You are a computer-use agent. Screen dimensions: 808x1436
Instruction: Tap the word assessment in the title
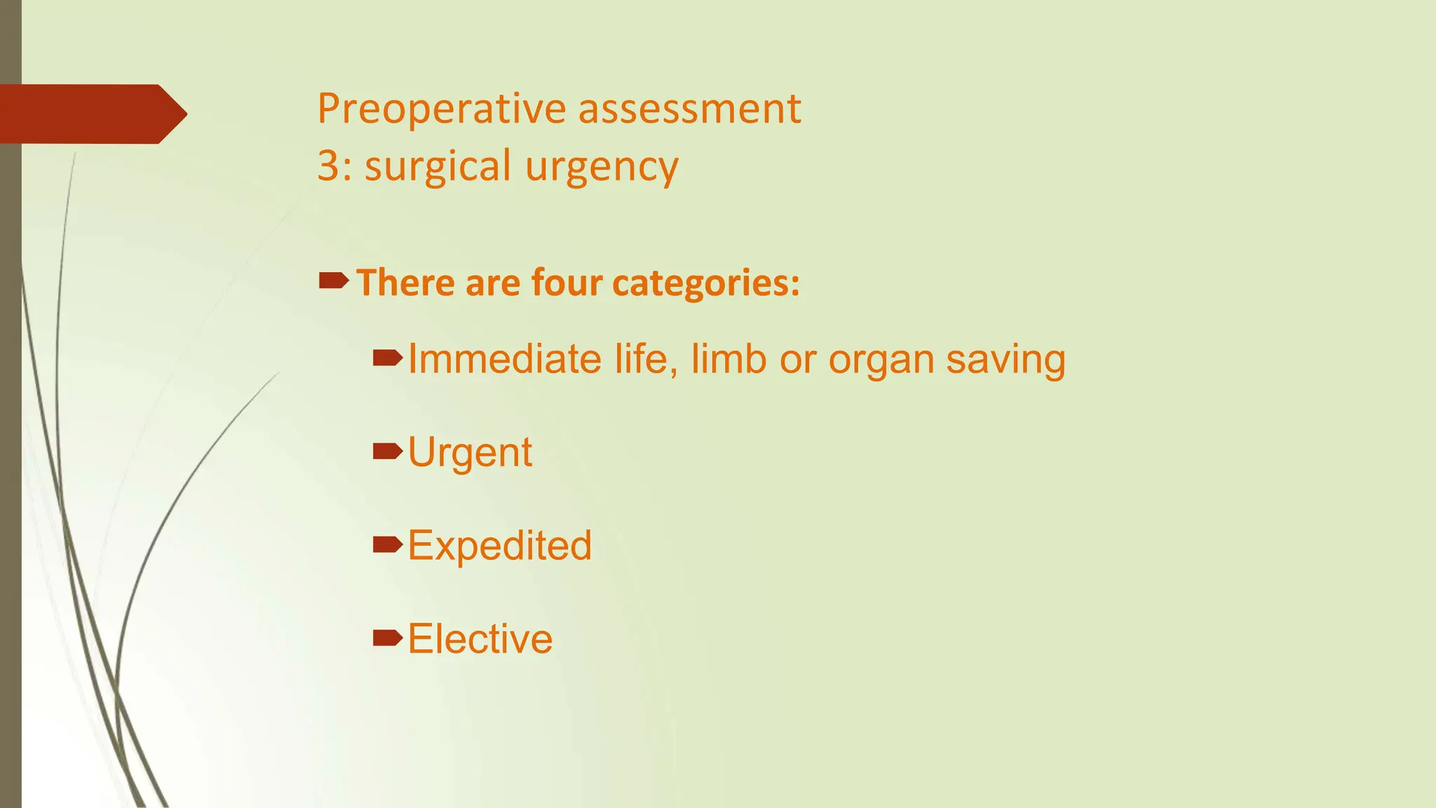pyautogui.click(x=689, y=109)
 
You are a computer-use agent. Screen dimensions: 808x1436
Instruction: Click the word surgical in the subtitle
pyautogui.click(x=438, y=167)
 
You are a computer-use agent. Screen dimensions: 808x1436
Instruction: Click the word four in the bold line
pyautogui.click(x=567, y=283)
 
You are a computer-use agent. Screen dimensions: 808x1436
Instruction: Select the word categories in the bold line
pyautogui.click(x=705, y=283)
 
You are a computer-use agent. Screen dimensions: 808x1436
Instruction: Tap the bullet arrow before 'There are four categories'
pyautogui.click(x=333, y=281)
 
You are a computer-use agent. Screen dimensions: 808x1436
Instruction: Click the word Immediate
pyautogui.click(x=505, y=359)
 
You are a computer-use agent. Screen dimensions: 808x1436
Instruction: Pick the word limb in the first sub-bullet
pyautogui.click(x=729, y=359)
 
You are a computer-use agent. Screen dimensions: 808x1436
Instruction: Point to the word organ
pyautogui.click(x=881, y=361)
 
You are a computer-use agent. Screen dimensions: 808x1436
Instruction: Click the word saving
pyautogui.click(x=1005, y=361)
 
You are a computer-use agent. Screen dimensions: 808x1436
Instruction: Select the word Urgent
pyautogui.click(x=470, y=453)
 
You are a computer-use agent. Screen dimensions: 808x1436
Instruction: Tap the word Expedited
pyautogui.click(x=500, y=546)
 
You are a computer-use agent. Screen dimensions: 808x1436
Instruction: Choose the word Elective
pyautogui.click(x=480, y=639)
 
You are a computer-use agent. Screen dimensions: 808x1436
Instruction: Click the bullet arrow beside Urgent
pyautogui.click(x=387, y=451)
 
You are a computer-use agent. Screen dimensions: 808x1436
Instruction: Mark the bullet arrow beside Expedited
pyautogui.click(x=387, y=544)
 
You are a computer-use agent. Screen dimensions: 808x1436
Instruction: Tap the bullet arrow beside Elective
pyautogui.click(x=387, y=637)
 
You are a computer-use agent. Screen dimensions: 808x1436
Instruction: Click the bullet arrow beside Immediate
pyautogui.click(x=387, y=358)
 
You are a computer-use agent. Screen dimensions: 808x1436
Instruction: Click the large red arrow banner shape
pyautogui.click(x=91, y=114)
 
